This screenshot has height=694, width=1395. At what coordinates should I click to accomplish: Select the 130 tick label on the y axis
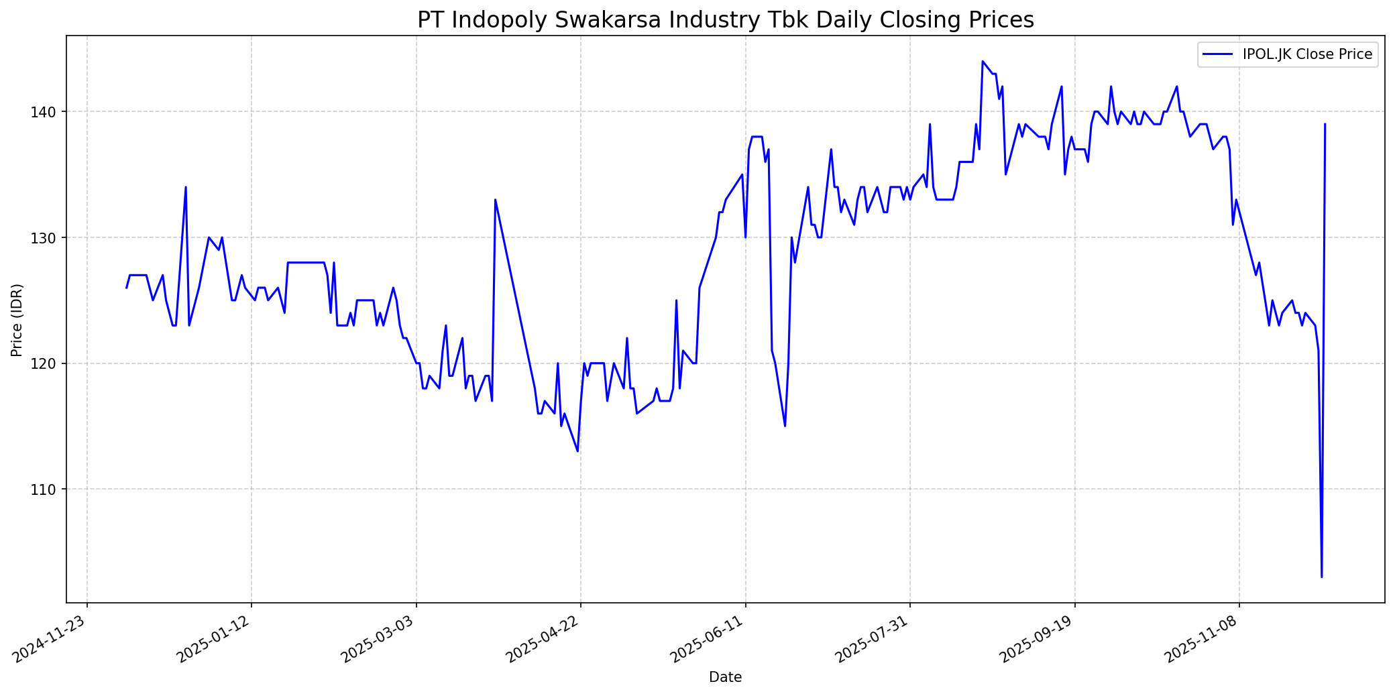click(x=51, y=237)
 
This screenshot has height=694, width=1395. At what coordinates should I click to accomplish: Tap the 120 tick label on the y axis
click(x=51, y=363)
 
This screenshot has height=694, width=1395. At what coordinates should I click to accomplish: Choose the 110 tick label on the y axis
click(x=51, y=489)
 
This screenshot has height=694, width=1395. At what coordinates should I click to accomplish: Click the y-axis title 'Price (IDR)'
click(x=17, y=320)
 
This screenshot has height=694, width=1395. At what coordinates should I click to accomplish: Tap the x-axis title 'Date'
click(x=725, y=677)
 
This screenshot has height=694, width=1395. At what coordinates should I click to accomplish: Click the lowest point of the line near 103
click(x=1321, y=577)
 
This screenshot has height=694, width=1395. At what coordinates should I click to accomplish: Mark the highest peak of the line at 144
click(x=982, y=61)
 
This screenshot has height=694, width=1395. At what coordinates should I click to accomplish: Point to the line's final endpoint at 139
click(x=1325, y=124)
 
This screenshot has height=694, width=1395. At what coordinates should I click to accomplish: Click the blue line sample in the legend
click(x=1219, y=54)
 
